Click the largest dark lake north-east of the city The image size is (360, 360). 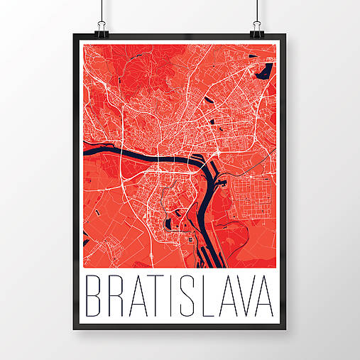click(266, 71)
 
